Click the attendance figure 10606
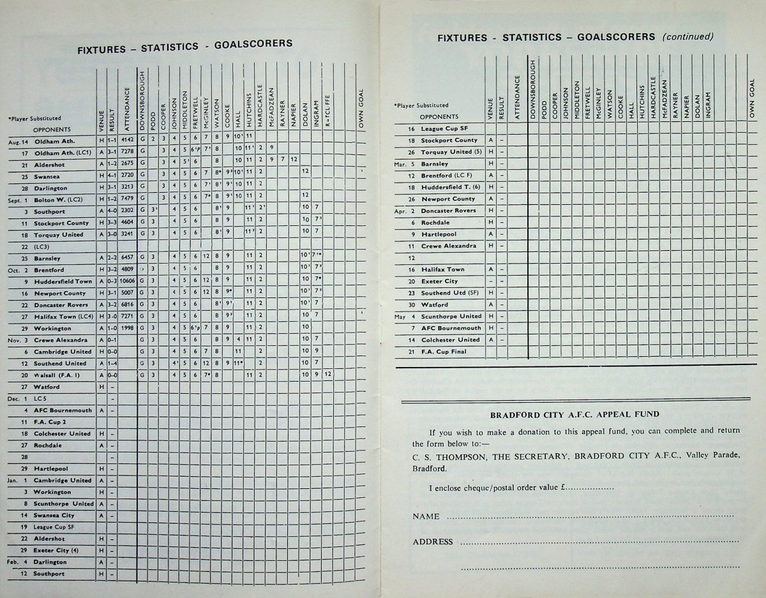coord(128,281)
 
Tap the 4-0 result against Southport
coord(112,211)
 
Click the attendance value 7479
coord(128,200)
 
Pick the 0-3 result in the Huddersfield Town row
coord(112,281)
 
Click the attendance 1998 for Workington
coord(128,328)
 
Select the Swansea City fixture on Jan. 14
coord(54,515)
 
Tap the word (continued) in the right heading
coord(687,36)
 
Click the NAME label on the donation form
coord(426,516)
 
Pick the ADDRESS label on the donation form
coord(432,542)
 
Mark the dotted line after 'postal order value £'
coord(590,489)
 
